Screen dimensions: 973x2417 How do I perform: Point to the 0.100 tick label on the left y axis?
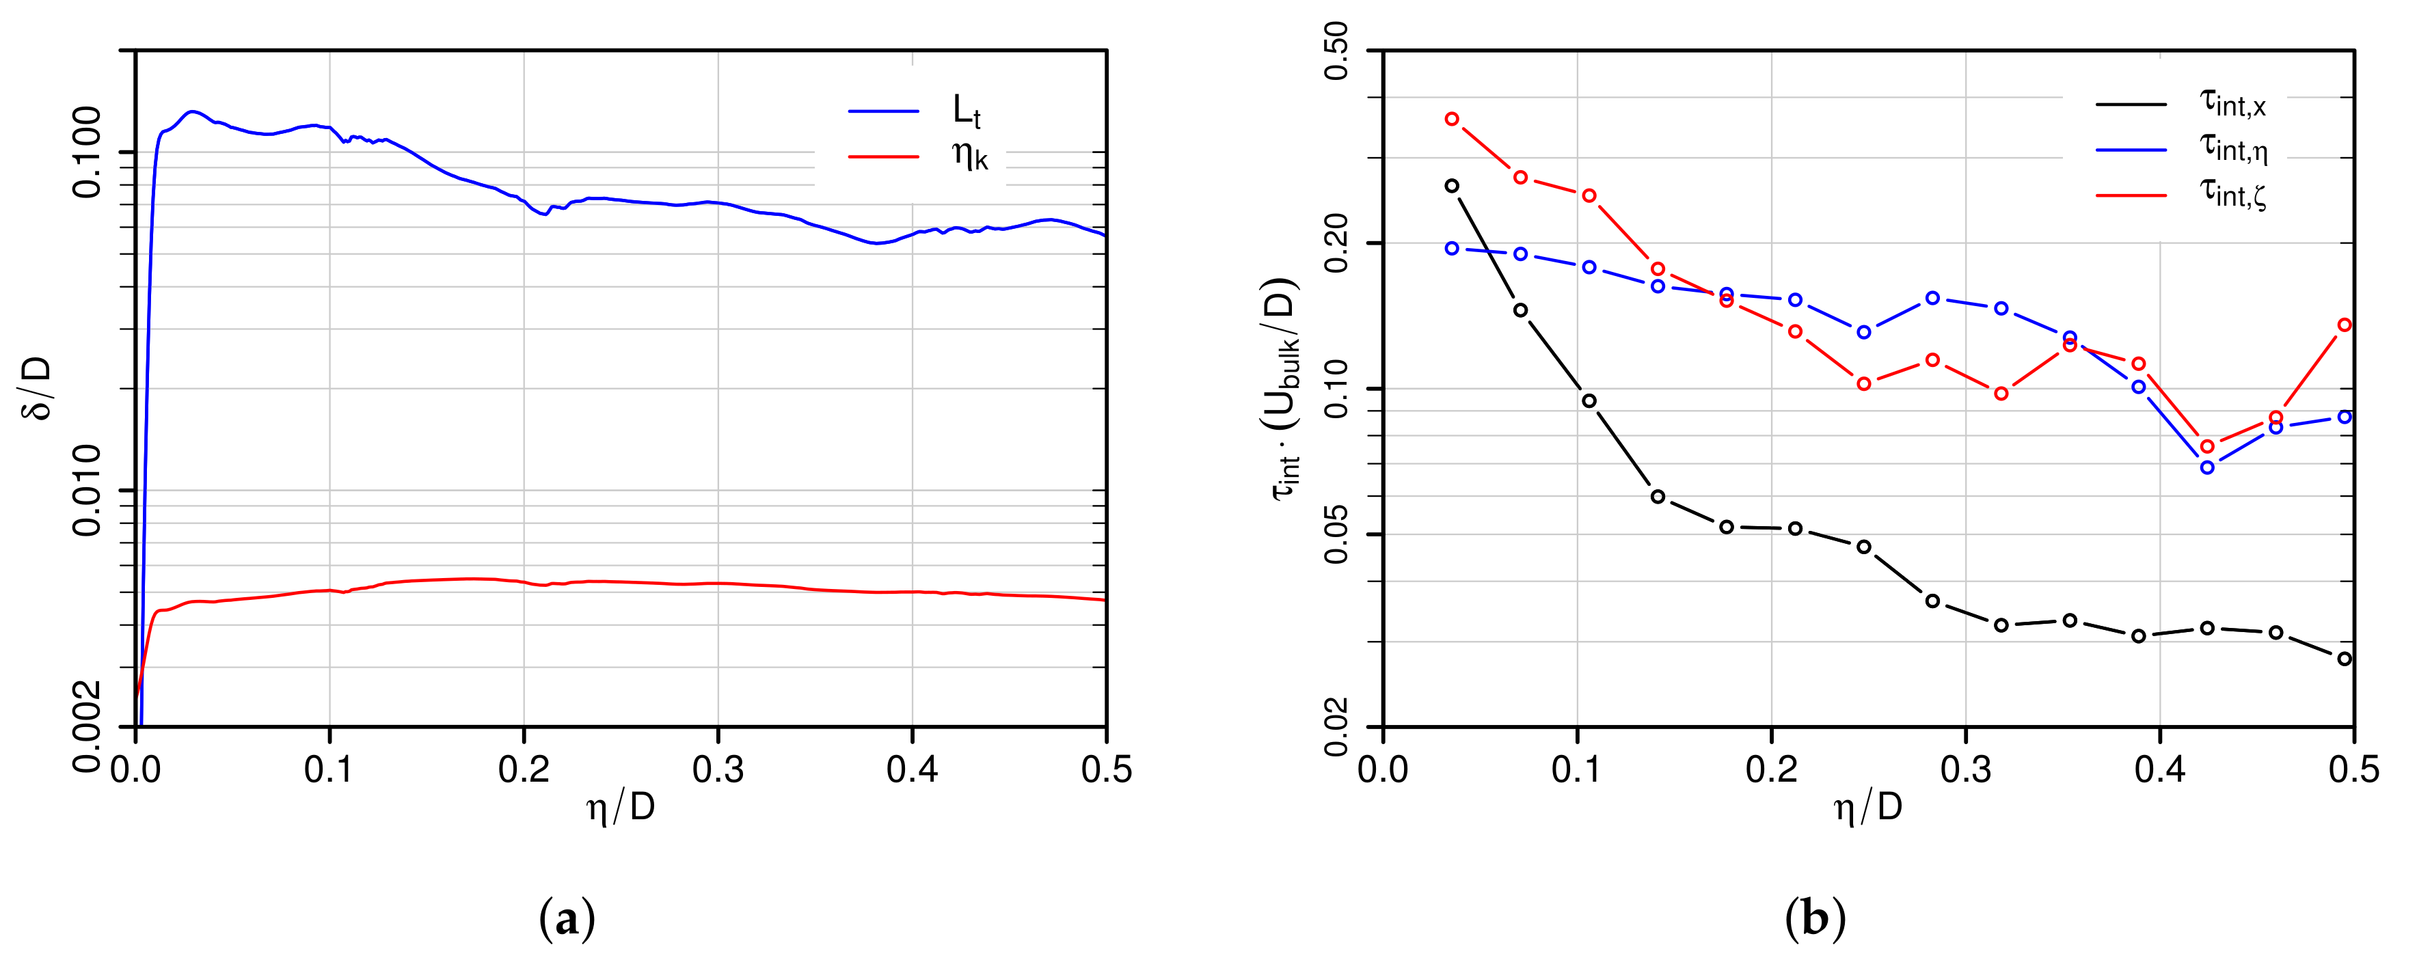click(x=87, y=152)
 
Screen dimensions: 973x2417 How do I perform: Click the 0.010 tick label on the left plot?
click(x=87, y=490)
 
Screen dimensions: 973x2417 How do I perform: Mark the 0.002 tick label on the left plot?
click(x=87, y=725)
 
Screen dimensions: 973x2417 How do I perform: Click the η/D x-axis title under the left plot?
click(x=620, y=807)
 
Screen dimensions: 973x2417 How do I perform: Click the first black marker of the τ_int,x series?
click(x=1452, y=186)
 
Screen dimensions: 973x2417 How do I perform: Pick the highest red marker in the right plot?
click(x=1452, y=119)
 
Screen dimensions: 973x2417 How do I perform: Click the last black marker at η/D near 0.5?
click(x=2345, y=659)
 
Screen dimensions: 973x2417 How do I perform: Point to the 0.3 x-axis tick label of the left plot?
click(x=718, y=770)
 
